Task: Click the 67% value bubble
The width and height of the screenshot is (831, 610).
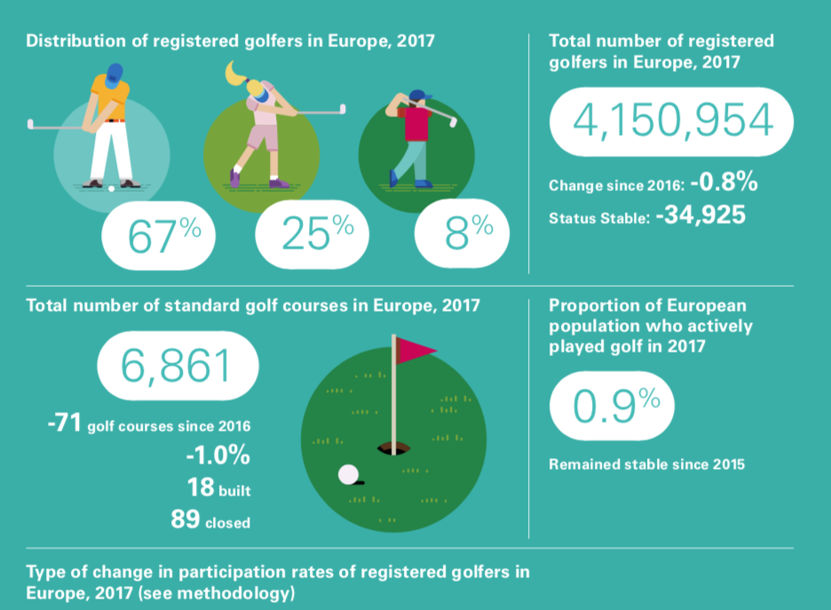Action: pos(164,235)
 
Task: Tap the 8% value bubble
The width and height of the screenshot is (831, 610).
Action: pos(463,235)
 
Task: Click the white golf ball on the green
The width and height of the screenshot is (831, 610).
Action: pos(347,475)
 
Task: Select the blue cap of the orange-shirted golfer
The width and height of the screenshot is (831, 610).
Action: pos(114,75)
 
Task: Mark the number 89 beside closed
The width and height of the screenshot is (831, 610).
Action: pos(185,519)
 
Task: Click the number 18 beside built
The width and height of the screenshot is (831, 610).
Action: pos(201,487)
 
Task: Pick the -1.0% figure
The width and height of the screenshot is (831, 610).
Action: pos(218,456)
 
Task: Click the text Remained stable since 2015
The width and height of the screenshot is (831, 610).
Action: pos(647,463)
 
